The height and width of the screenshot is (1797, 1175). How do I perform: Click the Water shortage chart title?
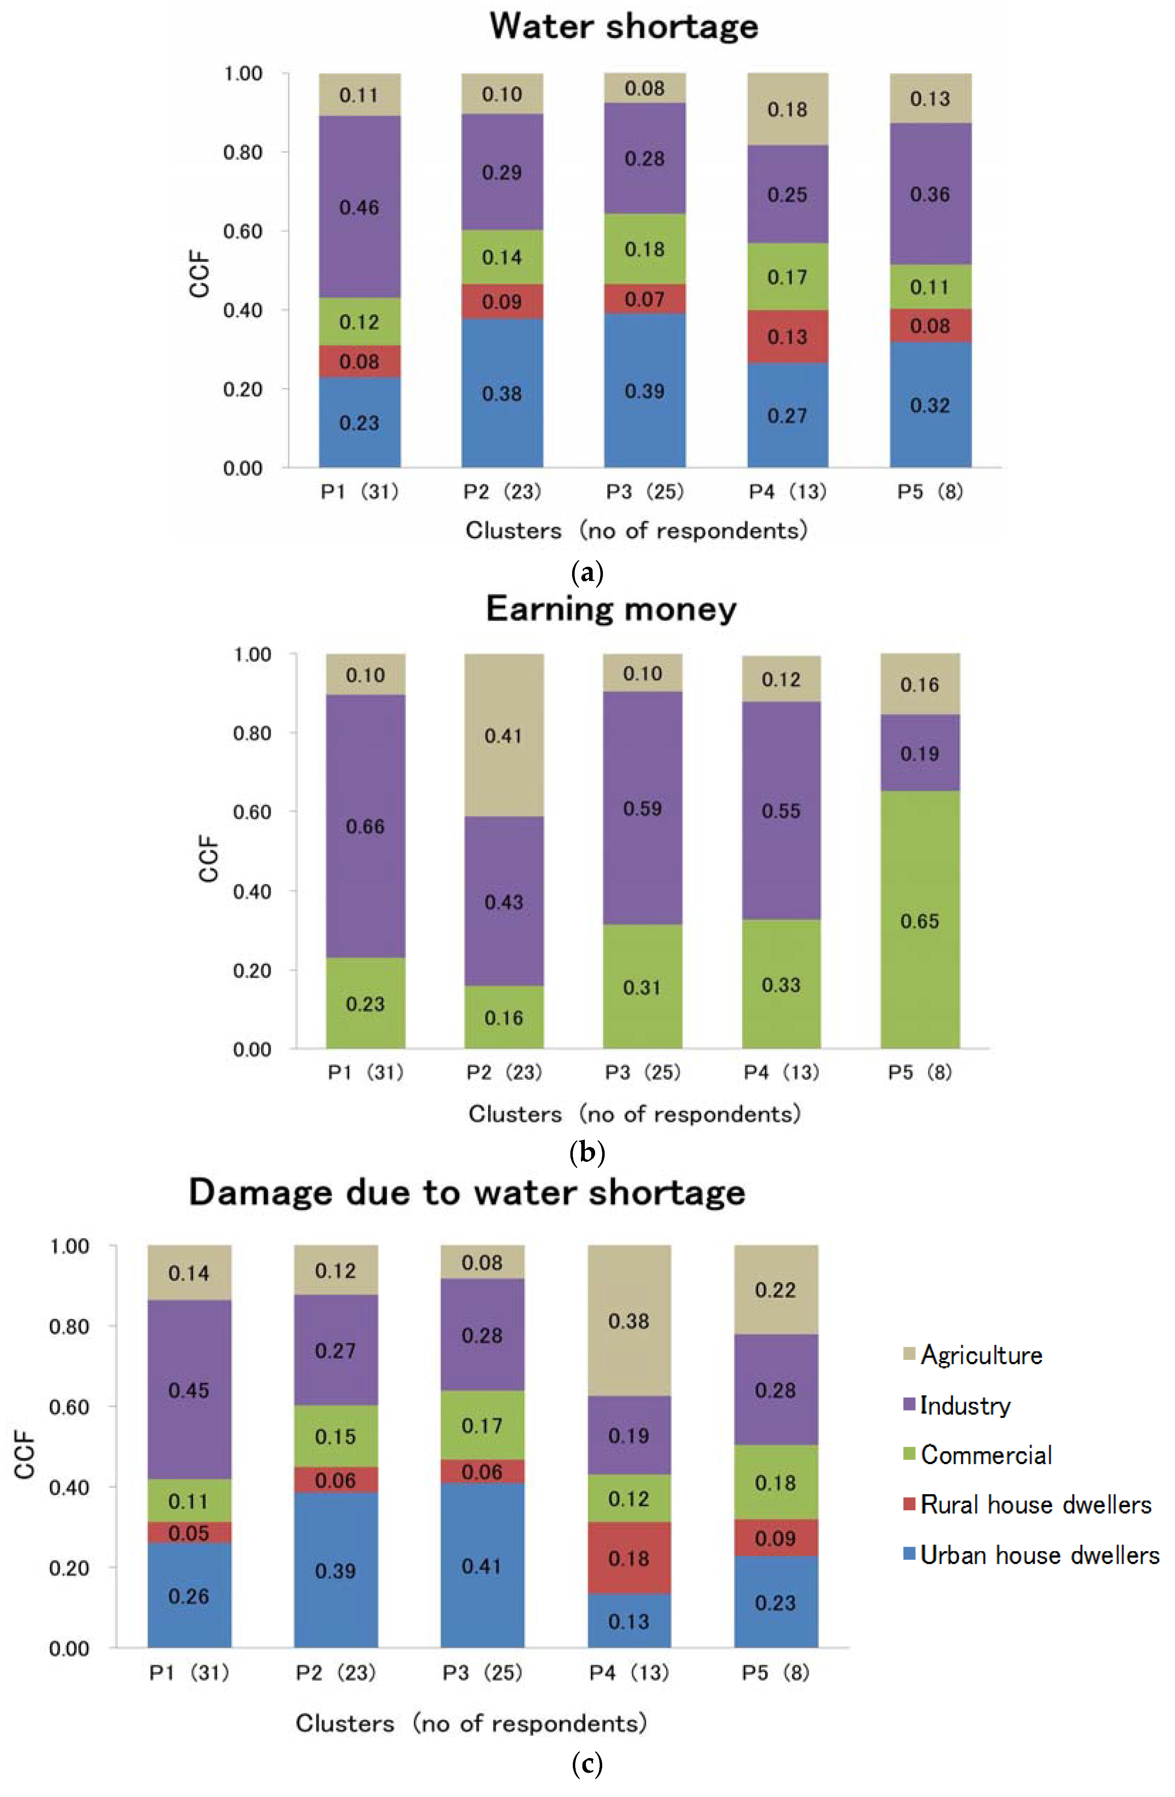(624, 27)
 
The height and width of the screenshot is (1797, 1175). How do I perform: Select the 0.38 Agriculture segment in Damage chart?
(629, 1321)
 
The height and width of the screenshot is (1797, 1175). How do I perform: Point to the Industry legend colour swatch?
(909, 1405)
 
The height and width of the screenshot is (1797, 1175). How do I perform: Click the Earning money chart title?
(611, 609)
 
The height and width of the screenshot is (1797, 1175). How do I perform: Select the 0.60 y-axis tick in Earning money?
(252, 813)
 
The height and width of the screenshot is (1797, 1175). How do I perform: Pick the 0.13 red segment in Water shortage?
(787, 337)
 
